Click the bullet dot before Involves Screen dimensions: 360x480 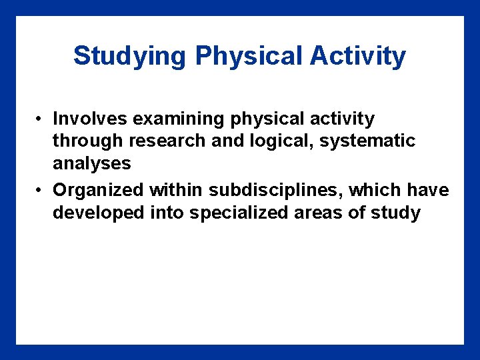[x=41, y=119]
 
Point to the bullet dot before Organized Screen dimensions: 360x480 [x=41, y=191]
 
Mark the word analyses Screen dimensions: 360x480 [x=92, y=164]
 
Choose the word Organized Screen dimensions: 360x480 [x=98, y=190]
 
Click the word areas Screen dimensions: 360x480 [x=320, y=213]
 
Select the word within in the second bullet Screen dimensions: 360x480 [x=177, y=190]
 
